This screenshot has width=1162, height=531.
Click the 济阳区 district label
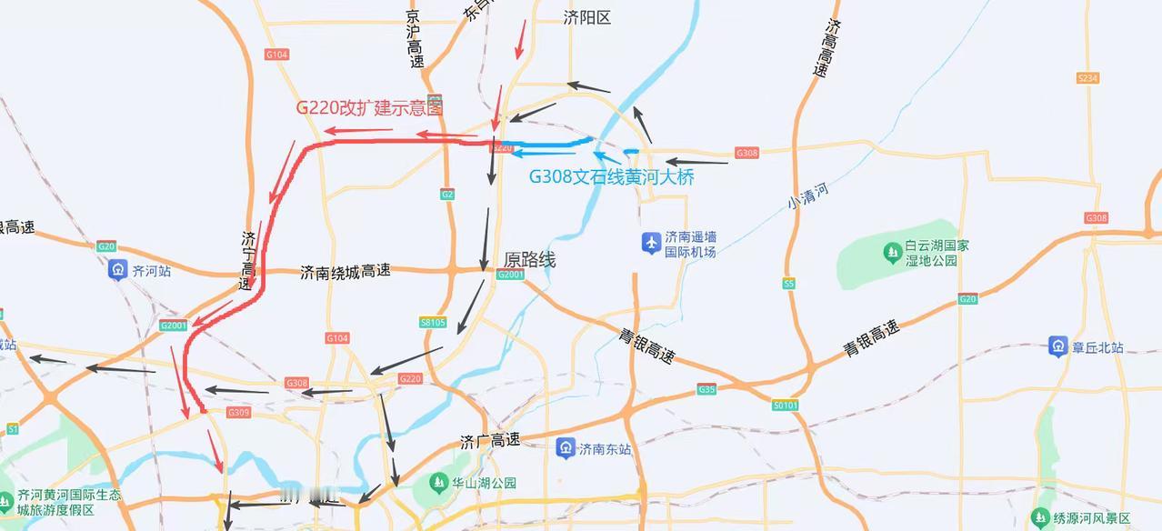coord(586,17)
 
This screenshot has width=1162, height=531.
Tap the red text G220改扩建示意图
coord(369,107)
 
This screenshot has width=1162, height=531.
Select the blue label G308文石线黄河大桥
coord(611,177)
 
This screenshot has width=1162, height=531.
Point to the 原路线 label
coord(529,260)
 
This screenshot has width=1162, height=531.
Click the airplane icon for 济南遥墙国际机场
coord(651,243)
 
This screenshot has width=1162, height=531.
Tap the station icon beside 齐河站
coord(117,270)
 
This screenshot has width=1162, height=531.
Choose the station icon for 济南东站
coord(566,448)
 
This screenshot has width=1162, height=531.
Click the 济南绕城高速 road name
coord(345,271)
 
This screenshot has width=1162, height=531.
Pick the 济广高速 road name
coord(490,441)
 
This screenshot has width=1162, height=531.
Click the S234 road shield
coord(1087,78)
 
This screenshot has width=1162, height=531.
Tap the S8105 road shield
coord(433,322)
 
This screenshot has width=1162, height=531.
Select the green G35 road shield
coord(706,389)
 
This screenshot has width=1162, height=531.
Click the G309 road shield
coord(238,413)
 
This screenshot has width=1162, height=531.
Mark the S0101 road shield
coord(785,405)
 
